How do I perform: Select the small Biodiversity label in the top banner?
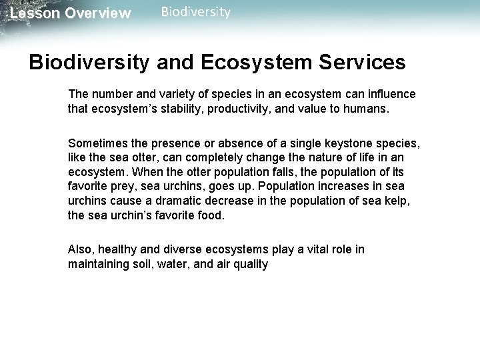pyautogui.click(x=196, y=12)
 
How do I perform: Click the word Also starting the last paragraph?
pyautogui.click(x=80, y=249)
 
